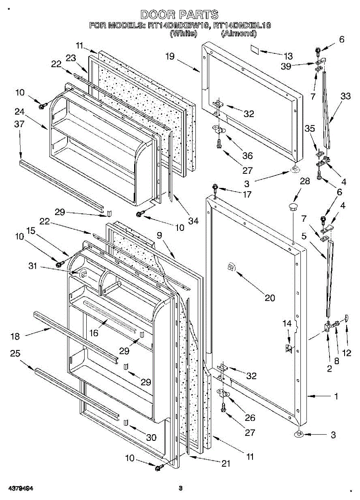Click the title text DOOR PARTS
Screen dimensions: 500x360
point(179,15)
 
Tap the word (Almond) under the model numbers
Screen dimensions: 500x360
point(238,34)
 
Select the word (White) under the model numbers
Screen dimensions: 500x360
point(183,34)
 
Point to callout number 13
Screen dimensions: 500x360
point(287,56)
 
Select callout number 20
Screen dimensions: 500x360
point(270,297)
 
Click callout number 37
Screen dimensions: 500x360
point(19,124)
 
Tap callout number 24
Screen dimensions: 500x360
point(18,111)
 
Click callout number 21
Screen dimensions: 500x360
point(225,463)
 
